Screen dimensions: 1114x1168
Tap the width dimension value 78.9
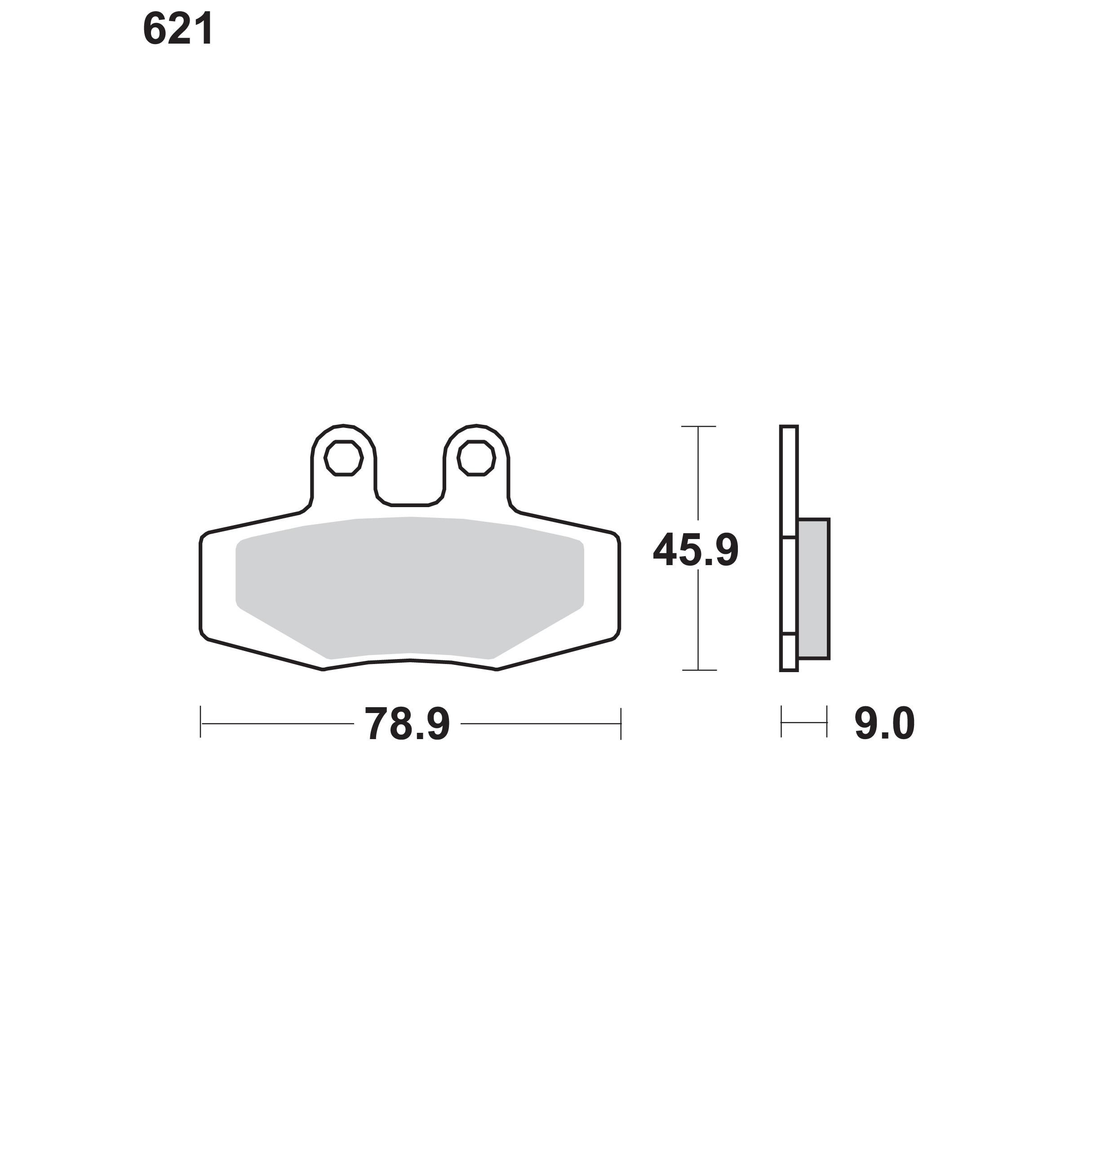[x=407, y=724]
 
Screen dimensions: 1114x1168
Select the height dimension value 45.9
[x=696, y=550]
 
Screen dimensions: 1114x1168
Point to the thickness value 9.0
[x=884, y=724]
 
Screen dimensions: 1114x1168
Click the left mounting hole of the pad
[x=343, y=458]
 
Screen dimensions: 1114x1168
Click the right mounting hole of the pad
[x=476, y=458]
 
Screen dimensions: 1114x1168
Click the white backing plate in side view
[x=789, y=548]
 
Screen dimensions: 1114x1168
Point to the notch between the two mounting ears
[x=410, y=504]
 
